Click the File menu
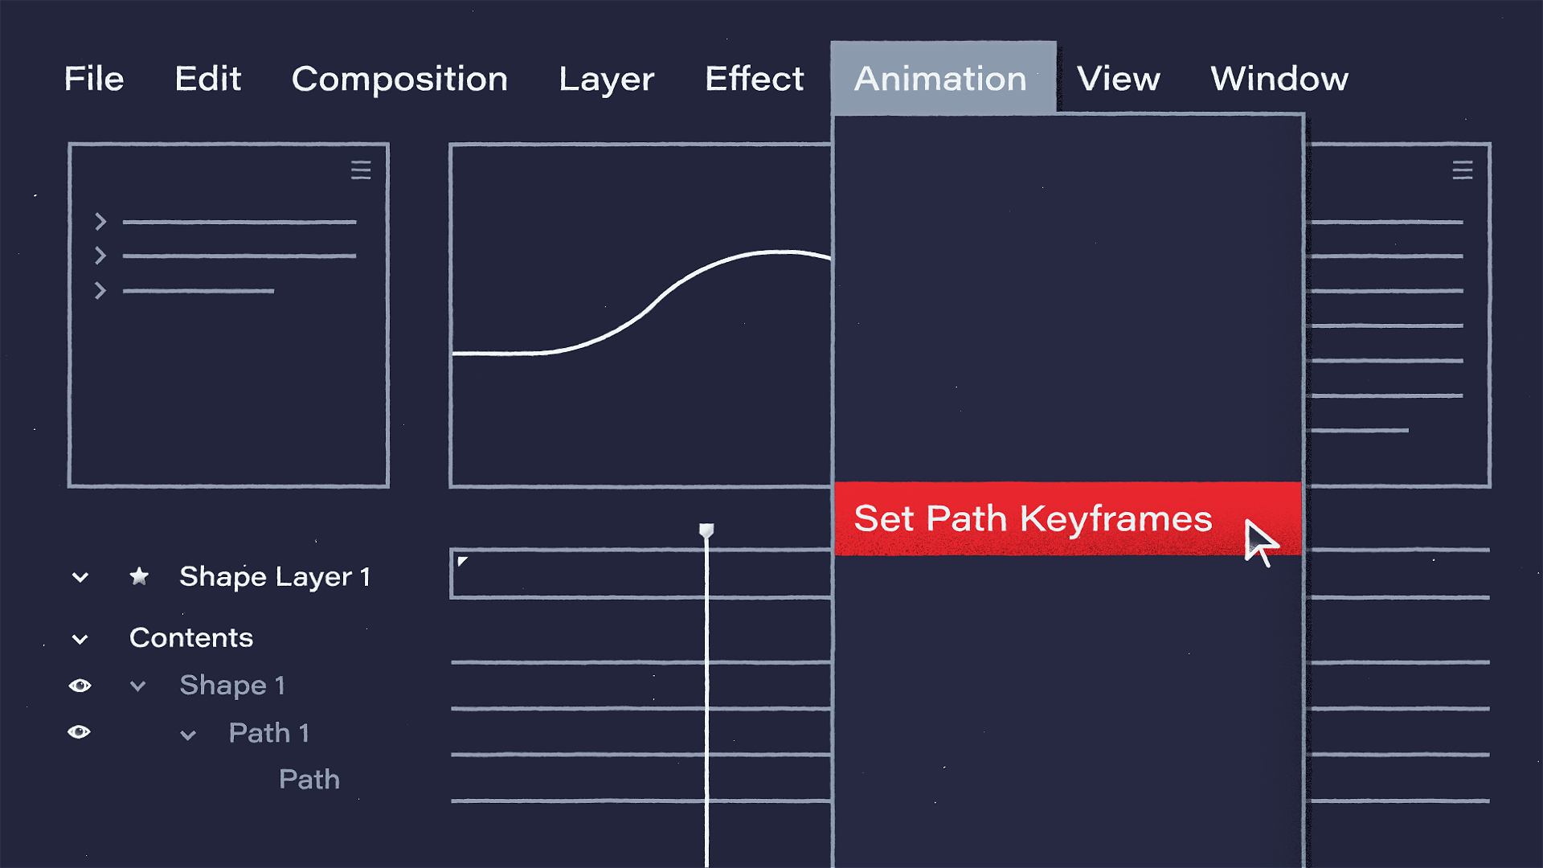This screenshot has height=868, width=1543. click(94, 79)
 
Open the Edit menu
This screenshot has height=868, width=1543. click(208, 79)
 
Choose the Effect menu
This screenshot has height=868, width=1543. click(755, 79)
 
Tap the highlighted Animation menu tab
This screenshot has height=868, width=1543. click(943, 78)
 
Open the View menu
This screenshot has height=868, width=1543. click(1119, 79)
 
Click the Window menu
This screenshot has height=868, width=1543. click(1279, 79)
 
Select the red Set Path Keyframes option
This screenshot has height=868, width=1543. click(1068, 518)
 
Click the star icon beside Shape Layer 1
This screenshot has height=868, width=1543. click(139, 576)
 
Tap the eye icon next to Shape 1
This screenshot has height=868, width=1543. click(80, 686)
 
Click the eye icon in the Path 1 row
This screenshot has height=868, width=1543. click(80, 732)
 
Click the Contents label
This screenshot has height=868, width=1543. click(191, 638)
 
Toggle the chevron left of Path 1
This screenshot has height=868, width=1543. click(188, 735)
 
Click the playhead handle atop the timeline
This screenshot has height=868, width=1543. click(706, 530)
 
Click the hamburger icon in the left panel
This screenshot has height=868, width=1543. click(361, 170)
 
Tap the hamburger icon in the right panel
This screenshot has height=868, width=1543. click(1463, 170)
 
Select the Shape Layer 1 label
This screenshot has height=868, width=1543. click(275, 577)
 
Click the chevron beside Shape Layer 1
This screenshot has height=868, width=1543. click(80, 577)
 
